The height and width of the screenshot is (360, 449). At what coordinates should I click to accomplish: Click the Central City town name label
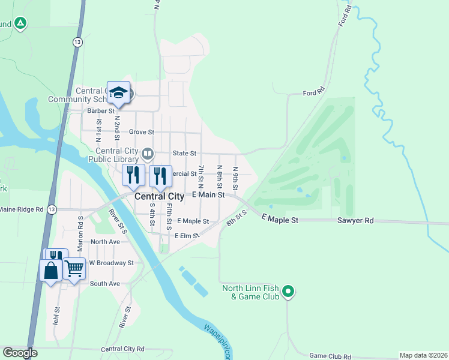pyautogui.click(x=159, y=196)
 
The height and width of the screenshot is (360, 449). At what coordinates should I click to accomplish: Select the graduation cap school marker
pyautogui.click(x=118, y=92)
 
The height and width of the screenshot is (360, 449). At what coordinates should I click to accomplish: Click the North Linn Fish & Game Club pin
pyautogui.click(x=289, y=292)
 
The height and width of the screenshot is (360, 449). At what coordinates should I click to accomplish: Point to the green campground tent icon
pyautogui.click(x=20, y=23)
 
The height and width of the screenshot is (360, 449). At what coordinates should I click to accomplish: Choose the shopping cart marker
pyautogui.click(x=74, y=268)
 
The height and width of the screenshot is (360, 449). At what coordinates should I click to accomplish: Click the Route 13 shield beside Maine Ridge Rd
pyautogui.click(x=53, y=209)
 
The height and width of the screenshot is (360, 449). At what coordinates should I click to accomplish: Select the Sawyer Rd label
pyautogui.click(x=355, y=221)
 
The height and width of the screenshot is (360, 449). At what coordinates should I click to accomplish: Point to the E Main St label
pyautogui.click(x=208, y=195)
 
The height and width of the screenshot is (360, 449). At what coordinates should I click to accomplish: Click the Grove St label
pyautogui.click(x=141, y=132)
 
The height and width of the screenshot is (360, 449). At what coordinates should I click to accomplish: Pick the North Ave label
pyautogui.click(x=105, y=242)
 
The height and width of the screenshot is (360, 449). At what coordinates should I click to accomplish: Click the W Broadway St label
pyautogui.click(x=111, y=263)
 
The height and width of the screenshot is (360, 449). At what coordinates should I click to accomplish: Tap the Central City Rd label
pyautogui.click(x=123, y=349)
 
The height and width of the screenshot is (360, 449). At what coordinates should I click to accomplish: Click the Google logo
pyautogui.click(x=19, y=353)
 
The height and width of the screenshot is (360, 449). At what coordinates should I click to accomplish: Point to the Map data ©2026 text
pyautogui.click(x=423, y=355)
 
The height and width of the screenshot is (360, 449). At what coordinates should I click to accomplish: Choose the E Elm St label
pyautogui.click(x=187, y=236)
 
